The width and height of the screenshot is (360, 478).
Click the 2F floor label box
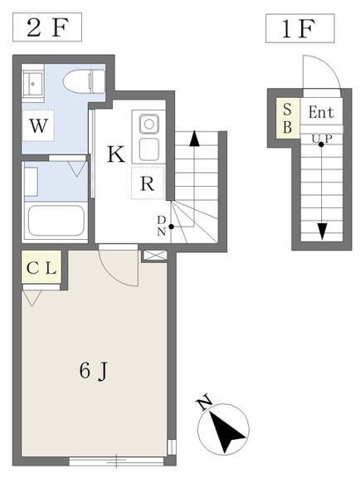[47, 27]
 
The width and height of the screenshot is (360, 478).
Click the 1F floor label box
[300, 28]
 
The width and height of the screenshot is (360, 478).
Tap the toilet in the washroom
[84, 81]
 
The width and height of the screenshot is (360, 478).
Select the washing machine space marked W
[38, 125]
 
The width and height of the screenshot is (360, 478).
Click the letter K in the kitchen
[116, 154]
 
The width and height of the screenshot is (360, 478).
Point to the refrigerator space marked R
[148, 183]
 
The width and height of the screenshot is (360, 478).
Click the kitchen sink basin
[149, 124]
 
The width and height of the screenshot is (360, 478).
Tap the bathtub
[56, 221]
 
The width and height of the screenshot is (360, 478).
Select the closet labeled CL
[41, 267]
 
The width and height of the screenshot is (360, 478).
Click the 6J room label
[93, 371]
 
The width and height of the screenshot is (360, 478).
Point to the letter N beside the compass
[205, 402]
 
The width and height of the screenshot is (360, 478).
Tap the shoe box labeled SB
[288, 118]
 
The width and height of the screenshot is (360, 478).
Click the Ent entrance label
[321, 112]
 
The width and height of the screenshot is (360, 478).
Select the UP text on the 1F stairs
[322, 139]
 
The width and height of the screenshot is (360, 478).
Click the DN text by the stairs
[162, 226]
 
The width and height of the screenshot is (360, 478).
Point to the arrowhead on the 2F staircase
[194, 139]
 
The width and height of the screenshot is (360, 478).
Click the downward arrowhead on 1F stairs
[322, 232]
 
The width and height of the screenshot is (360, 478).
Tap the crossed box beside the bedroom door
[155, 256]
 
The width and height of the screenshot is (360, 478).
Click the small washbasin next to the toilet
[32, 84]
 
